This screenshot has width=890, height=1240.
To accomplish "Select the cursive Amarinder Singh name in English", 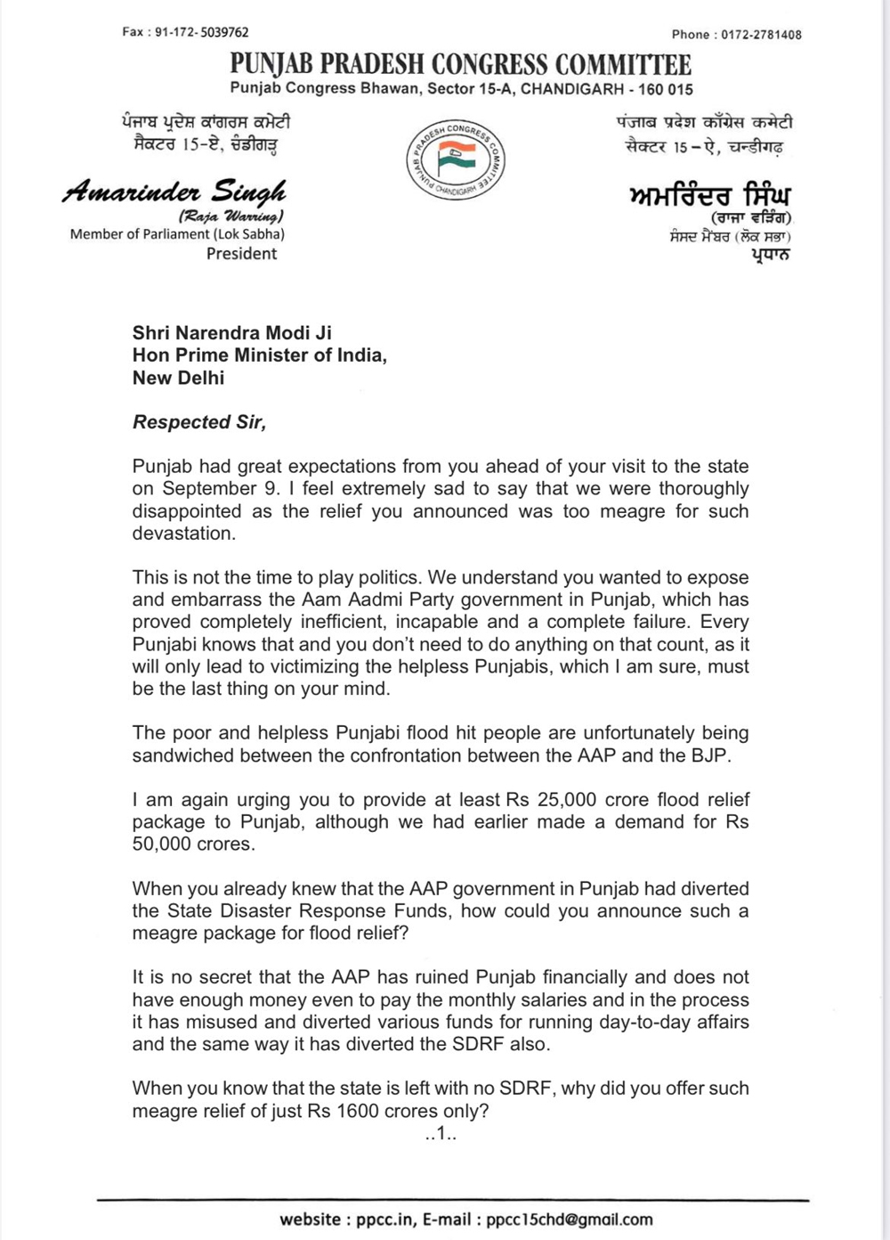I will pos(174,191).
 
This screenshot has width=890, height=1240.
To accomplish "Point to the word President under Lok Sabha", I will pos(241,254).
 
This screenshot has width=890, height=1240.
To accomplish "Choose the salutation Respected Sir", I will pos(199,422).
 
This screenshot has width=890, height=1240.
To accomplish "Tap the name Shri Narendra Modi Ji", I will pos(232,333).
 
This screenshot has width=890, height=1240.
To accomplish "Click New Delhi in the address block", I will pos(178,378).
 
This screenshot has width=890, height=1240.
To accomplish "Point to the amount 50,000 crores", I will pos(193,844).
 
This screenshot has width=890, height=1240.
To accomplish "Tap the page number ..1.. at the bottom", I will pos(441,1134).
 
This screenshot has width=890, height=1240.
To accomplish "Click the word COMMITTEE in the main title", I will pos(623,64).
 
